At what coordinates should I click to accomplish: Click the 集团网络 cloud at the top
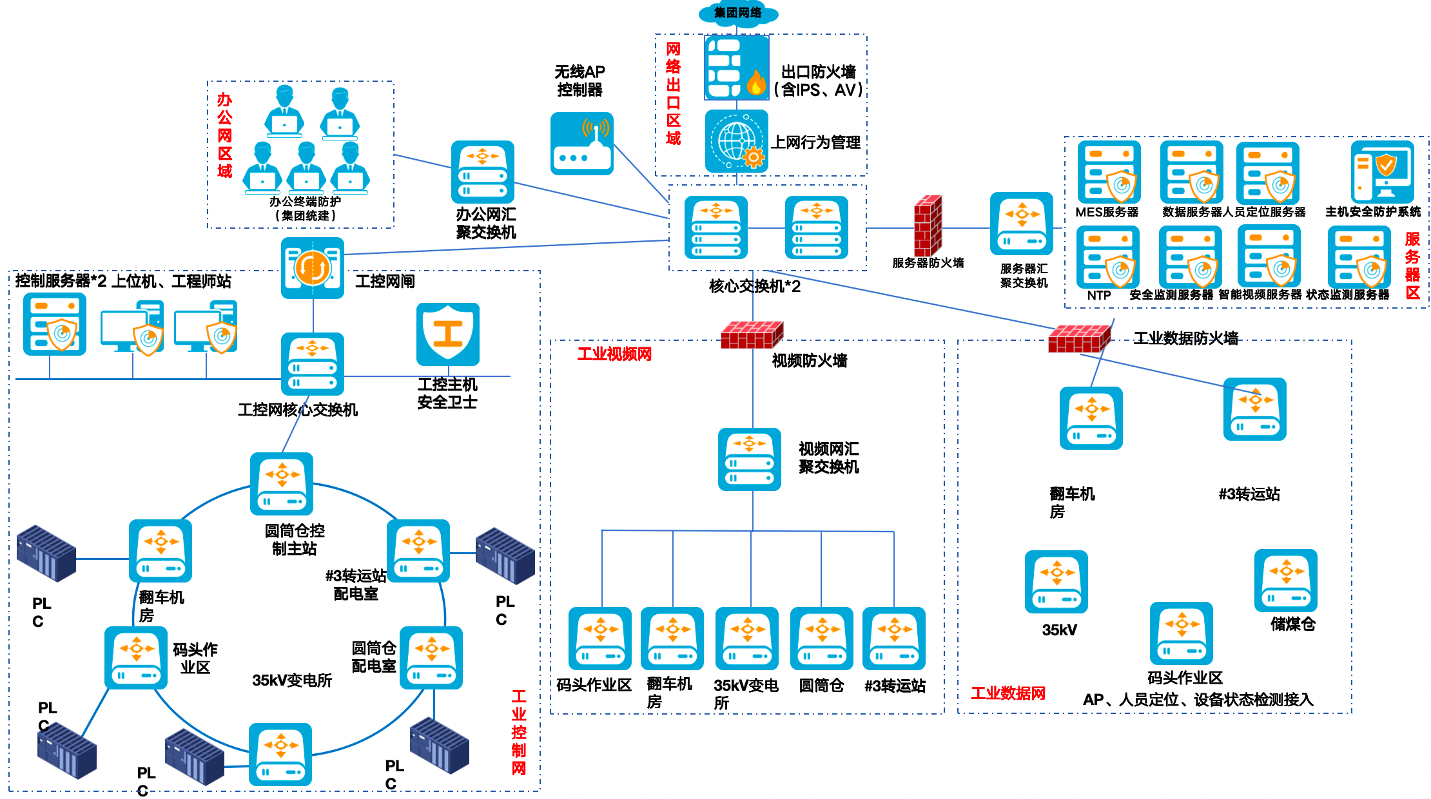[738, 13]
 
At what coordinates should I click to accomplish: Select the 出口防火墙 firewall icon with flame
[736, 68]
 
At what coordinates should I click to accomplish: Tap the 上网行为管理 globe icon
[736, 141]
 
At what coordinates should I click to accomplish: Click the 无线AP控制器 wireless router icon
[581, 144]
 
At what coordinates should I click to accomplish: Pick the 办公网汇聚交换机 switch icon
[482, 172]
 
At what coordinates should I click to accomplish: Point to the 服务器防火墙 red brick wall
[928, 226]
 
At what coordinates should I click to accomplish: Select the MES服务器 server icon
[1108, 172]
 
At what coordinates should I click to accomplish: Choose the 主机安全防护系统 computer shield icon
[1382, 172]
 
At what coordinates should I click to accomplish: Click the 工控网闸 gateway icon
[312, 268]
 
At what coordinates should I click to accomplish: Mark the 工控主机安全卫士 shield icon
[447, 334]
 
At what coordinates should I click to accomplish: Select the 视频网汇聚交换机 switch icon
[749, 459]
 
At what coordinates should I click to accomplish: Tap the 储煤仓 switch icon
[1285, 581]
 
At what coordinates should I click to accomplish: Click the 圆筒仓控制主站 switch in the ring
[282, 484]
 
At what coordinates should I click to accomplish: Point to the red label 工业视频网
[614, 354]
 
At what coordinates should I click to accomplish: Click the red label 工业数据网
[1008, 693]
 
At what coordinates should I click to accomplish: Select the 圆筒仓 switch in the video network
[821, 639]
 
